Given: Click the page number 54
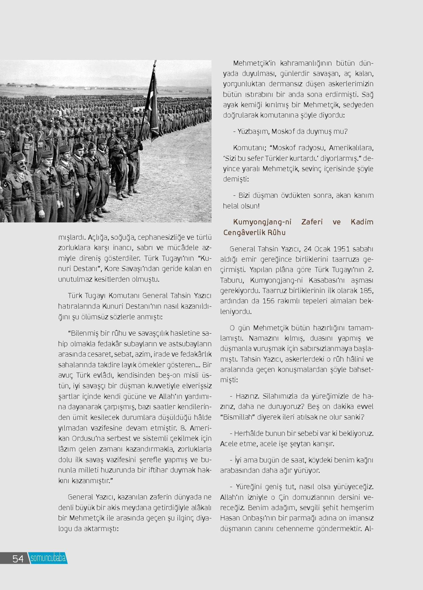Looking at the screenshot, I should (18, 558).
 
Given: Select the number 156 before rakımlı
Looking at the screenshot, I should (269, 301).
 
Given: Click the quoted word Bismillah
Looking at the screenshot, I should (237, 417).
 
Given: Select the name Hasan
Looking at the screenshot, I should (230, 518).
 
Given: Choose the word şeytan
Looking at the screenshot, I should (301, 443).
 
